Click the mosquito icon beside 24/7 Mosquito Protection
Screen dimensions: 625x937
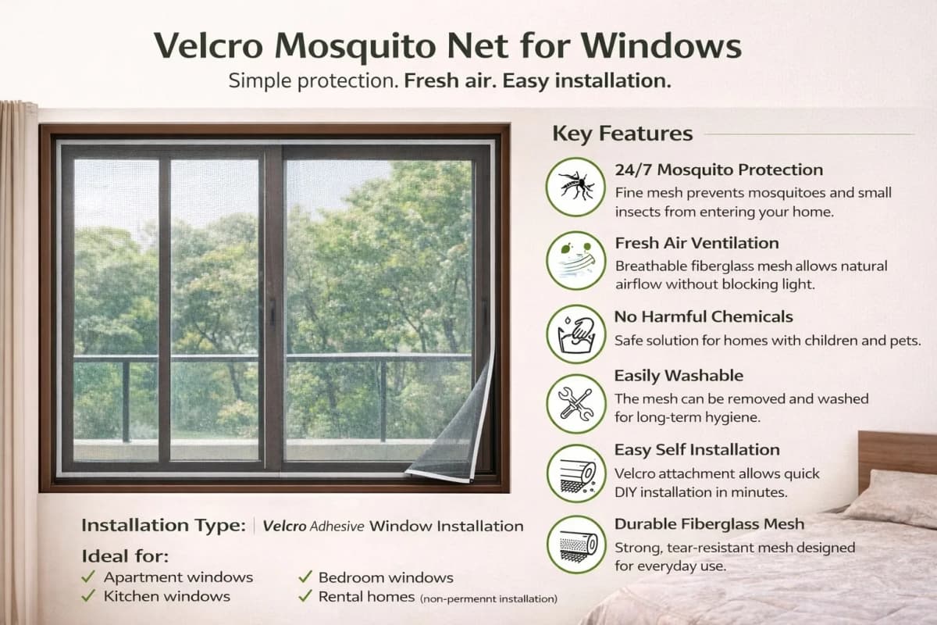(x=575, y=186)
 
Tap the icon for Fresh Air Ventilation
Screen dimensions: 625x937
(x=575, y=260)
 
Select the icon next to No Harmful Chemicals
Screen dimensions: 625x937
(x=575, y=334)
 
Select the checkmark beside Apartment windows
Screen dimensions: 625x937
(x=88, y=577)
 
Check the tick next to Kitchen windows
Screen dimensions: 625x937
(x=88, y=596)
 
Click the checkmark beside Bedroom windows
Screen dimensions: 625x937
(x=305, y=577)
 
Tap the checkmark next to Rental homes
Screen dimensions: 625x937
(x=305, y=596)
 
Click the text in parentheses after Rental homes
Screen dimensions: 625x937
(x=489, y=599)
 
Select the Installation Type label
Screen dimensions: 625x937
(x=163, y=526)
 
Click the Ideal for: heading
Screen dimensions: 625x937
(x=124, y=556)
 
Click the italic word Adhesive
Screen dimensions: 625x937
(x=337, y=527)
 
